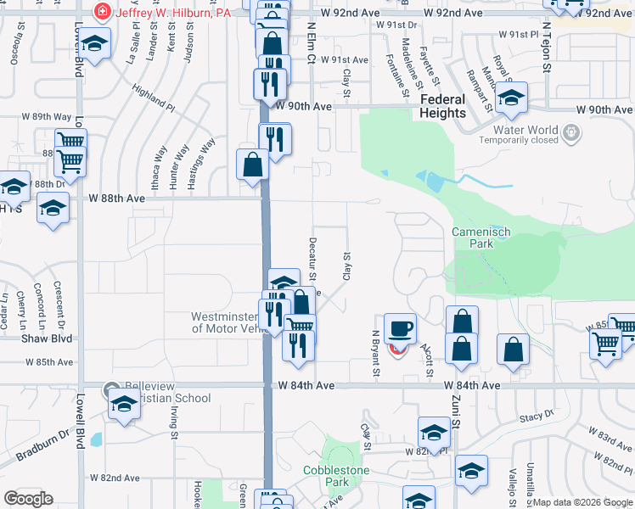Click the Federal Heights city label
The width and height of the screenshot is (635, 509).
tap(442, 106)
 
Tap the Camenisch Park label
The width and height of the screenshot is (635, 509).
tap(473, 237)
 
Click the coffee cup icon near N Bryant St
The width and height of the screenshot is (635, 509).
tap(400, 327)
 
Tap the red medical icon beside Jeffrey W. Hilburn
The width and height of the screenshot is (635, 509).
tap(103, 12)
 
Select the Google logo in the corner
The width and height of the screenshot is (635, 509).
tap(28, 499)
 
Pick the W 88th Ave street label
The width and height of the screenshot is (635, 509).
tap(117, 198)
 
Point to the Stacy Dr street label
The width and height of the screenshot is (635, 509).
tap(537, 417)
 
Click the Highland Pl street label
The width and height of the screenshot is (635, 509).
tap(154, 97)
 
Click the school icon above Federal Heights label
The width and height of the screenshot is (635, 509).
tap(512, 98)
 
